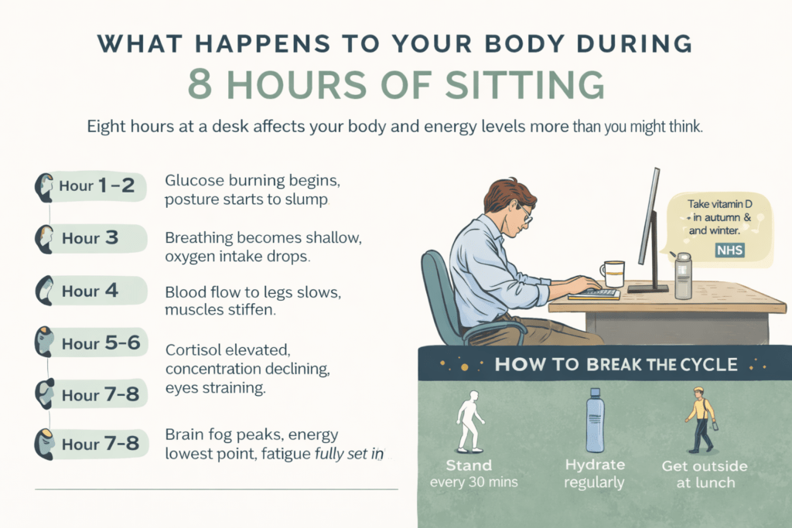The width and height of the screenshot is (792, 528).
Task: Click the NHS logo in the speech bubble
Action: point(730,250)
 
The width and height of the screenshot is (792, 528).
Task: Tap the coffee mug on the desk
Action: point(613,274)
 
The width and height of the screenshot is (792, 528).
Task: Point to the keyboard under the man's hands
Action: point(595,294)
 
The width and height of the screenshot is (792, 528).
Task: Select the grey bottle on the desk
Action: point(683,276)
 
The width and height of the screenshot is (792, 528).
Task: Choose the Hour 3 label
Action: point(90,238)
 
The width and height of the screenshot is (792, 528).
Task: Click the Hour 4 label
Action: point(90,291)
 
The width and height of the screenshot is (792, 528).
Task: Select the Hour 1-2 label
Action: point(97,186)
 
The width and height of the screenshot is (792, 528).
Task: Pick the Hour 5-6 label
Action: point(101,343)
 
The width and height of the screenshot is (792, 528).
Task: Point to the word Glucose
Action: point(194,180)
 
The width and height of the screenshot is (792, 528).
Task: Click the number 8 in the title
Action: point(200,84)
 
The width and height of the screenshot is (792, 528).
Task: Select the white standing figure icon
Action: point(469,421)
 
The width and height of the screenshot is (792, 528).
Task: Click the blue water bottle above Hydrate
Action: point(595,421)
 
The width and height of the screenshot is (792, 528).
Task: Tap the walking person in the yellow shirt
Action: point(701,420)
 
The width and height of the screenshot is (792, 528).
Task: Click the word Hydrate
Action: point(595,465)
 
